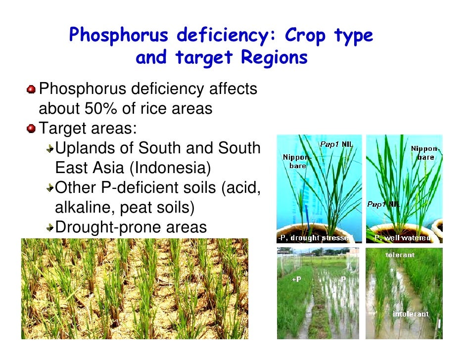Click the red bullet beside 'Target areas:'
32,129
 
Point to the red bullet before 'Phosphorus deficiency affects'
32,89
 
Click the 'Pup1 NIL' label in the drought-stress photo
335,144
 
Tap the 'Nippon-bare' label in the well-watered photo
424,153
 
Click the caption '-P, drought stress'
313,238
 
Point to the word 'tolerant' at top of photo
400,255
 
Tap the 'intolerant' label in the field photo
410,314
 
